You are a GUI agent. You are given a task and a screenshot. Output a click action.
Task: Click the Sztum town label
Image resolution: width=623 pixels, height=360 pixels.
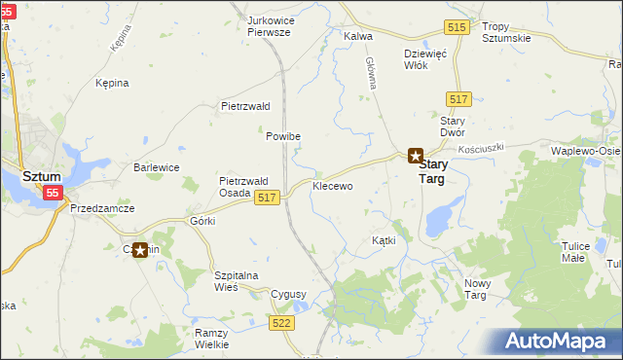click(42, 177)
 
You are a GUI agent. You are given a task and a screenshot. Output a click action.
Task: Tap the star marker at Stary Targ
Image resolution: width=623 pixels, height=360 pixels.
click(415, 155)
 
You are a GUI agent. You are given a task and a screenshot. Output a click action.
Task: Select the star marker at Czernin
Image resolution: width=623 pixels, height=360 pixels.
click(140, 250)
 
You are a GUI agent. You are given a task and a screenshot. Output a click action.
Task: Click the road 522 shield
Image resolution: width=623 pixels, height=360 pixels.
click(282, 322)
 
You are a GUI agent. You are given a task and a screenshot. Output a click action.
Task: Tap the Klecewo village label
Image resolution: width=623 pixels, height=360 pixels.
click(332, 185)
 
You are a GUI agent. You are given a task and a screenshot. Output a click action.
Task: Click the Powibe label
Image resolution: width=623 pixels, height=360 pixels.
click(283, 136)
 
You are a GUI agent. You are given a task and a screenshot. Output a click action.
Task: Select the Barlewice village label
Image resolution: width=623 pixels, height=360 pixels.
click(156, 167)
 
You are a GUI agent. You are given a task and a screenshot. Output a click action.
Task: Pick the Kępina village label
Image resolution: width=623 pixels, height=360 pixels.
click(112, 84)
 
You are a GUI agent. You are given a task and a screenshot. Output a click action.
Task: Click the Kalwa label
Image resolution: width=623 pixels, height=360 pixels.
click(359, 37)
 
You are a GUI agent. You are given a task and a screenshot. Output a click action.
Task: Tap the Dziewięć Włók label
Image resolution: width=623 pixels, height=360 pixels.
click(425, 60)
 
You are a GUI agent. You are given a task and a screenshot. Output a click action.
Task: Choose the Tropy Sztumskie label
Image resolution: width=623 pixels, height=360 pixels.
click(506, 31)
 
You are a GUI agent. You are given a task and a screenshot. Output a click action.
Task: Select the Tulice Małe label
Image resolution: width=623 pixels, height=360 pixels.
click(575, 252)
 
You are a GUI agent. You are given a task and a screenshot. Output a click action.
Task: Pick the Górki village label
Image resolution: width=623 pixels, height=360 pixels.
click(202, 221)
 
